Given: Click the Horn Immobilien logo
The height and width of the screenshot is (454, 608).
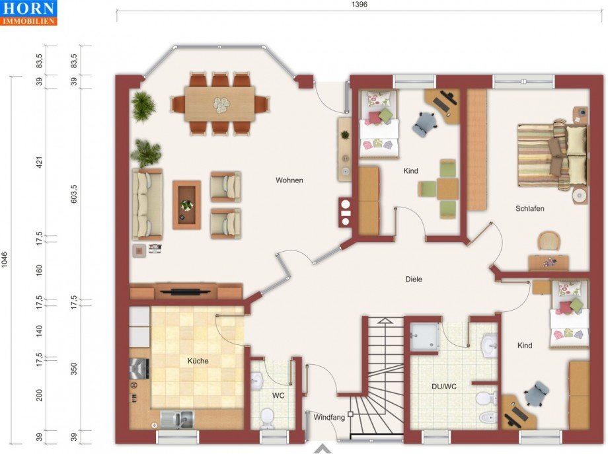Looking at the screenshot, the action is click(28, 13).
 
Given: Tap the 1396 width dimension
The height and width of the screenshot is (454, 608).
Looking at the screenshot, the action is click(359, 5).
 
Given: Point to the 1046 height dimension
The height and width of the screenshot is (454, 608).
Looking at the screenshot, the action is click(5, 260).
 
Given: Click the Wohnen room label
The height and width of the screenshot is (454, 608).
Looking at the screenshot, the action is click(289, 180).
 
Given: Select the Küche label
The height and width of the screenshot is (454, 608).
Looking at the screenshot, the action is click(198, 361).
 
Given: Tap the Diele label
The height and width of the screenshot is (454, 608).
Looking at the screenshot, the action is click(413, 279).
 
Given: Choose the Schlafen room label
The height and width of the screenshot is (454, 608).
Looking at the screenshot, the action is click(529, 209).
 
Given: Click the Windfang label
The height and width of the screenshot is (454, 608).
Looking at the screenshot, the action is click(329, 418).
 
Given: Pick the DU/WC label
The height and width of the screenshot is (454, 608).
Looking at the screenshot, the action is click(444, 387).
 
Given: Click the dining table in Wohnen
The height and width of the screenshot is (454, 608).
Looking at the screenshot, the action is click(219, 104).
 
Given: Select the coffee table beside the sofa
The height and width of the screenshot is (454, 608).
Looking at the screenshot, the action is click(186, 205).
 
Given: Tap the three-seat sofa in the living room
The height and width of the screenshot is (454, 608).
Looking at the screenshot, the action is click(147, 204).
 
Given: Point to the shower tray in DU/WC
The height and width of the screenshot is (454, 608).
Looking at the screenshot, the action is click(424, 336).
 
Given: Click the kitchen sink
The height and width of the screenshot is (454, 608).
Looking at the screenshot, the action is click(177, 420).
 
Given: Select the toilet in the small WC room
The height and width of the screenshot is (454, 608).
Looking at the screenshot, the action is click(267, 418).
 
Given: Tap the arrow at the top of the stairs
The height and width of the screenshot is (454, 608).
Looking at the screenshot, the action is click(385, 321).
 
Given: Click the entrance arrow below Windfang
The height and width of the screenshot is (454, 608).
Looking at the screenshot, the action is click(323, 449).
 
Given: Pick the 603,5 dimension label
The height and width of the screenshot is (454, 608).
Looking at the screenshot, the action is click(74, 194).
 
